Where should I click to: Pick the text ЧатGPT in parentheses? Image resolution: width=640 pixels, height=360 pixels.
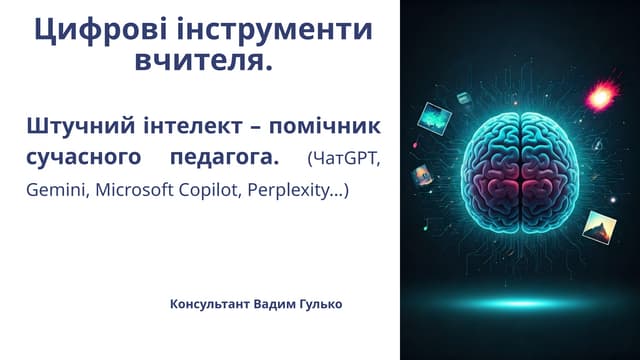coord(344,160)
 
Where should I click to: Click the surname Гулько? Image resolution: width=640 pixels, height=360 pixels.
coord(319,303)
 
